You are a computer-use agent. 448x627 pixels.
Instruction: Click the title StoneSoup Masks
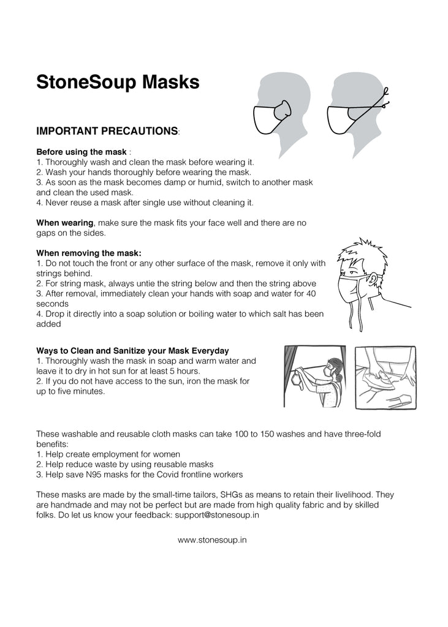tap(118, 82)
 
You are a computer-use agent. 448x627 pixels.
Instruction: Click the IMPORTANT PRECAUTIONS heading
tap(107, 132)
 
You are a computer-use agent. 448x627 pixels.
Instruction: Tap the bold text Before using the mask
tap(82, 152)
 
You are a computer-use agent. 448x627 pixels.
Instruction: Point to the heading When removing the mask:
tap(89, 253)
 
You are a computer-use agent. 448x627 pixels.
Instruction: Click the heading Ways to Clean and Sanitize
tap(132, 351)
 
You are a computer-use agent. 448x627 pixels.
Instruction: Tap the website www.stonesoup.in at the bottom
tap(213, 540)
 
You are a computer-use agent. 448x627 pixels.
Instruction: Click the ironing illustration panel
tap(386, 376)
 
